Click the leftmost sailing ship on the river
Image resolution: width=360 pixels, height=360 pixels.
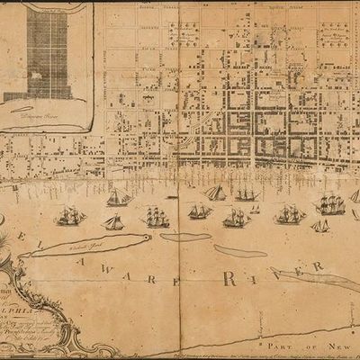[x=68, y=216]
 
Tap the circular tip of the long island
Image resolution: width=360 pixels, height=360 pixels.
[x=143, y=238]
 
